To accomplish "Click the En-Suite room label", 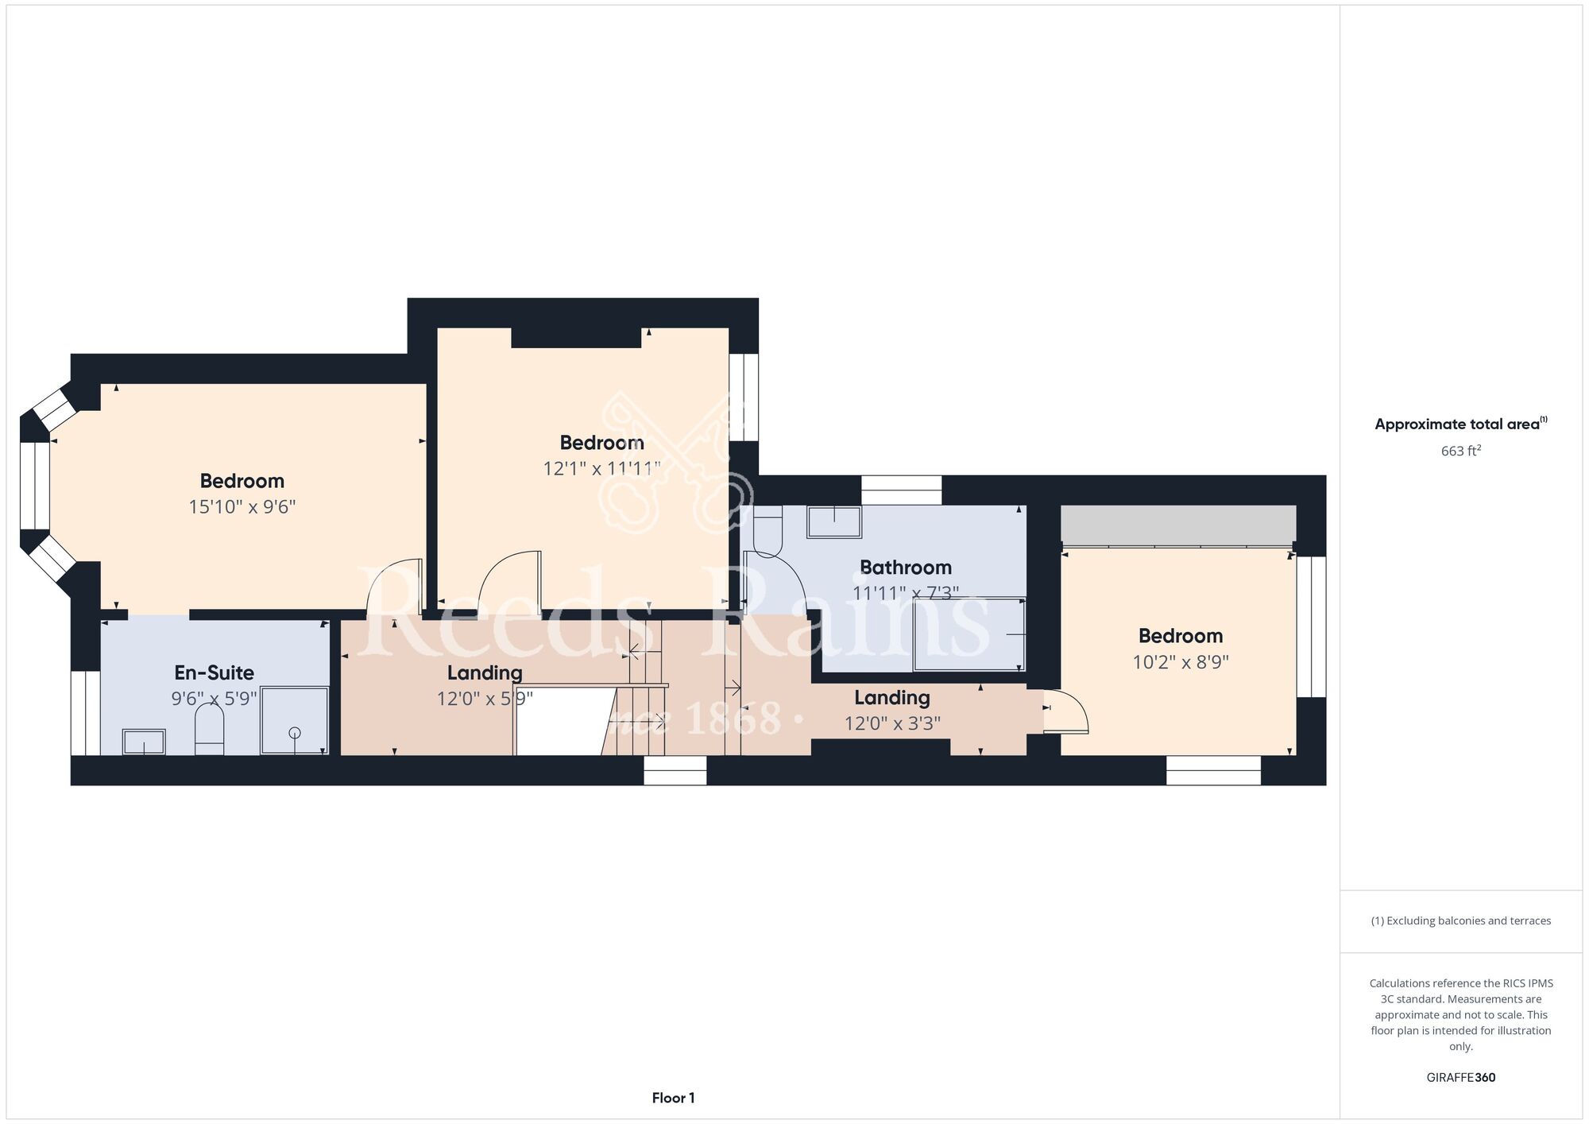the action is (x=215, y=673).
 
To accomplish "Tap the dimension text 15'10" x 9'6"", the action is (x=242, y=507).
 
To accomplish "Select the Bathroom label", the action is (x=906, y=568).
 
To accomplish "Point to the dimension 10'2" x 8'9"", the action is (x=1181, y=662).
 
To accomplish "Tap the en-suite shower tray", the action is (x=294, y=720).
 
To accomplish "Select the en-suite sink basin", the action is (x=144, y=742).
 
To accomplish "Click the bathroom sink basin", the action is (x=834, y=521).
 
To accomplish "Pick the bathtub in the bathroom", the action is (x=969, y=634).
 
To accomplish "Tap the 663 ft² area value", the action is (x=1461, y=451).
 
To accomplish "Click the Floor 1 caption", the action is (x=673, y=1098).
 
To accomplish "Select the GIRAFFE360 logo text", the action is (x=1461, y=1078).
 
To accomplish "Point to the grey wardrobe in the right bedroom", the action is (x=1178, y=525).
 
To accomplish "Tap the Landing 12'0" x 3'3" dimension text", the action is (x=892, y=723).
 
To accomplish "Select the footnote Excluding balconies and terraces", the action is (x=1461, y=921).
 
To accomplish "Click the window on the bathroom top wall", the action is (x=902, y=490).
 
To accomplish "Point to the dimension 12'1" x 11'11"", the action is (x=601, y=469).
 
